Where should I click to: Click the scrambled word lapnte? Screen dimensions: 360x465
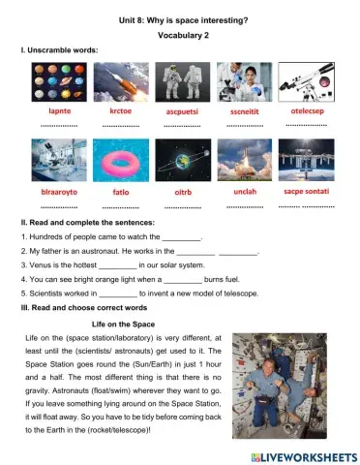(58, 113)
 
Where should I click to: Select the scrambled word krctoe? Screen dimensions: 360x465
(120, 113)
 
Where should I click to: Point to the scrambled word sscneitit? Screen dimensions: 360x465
(243, 113)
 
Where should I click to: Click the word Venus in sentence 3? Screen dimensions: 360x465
(39, 264)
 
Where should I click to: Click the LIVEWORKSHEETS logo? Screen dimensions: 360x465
(299, 454)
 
